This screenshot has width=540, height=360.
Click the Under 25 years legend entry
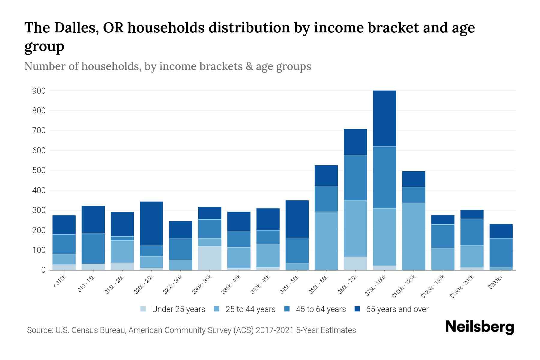click(x=173, y=309)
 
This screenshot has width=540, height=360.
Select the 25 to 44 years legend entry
click(x=245, y=309)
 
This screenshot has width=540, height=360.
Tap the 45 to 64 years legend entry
click(x=315, y=309)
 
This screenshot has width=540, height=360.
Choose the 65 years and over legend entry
click(x=391, y=309)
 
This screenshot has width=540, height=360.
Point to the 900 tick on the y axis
click(x=39, y=91)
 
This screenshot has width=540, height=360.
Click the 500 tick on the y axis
click(x=39, y=170)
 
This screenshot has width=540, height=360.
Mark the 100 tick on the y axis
click(x=39, y=250)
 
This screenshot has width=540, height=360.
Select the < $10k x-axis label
click(x=59, y=282)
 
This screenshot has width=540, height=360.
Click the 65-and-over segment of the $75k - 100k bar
click(x=384, y=118)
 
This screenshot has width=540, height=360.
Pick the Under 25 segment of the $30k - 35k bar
click(x=210, y=258)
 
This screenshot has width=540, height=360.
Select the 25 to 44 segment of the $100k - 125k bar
click(x=413, y=236)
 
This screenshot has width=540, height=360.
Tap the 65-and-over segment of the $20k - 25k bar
click(x=151, y=223)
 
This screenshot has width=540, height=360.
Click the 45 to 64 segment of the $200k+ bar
click(x=501, y=253)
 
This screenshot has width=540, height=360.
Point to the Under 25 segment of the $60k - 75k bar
click(x=355, y=263)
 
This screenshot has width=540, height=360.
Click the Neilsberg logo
click(x=479, y=327)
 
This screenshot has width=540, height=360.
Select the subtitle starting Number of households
click(x=167, y=66)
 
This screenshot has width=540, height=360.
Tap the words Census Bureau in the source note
click(x=99, y=330)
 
